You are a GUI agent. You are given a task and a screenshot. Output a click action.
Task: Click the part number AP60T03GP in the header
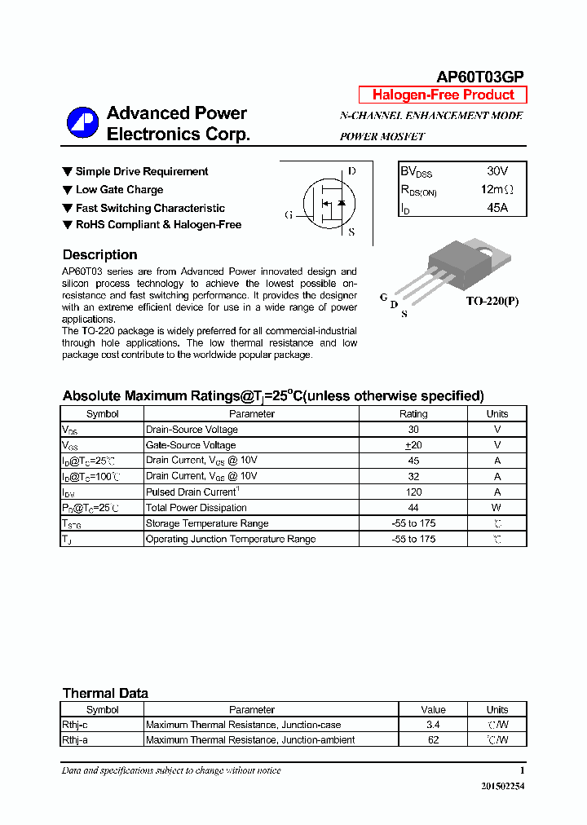click(x=480, y=77)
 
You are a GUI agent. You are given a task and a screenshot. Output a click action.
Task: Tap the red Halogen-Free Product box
click(x=443, y=95)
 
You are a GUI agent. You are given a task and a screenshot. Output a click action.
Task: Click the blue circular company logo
click(x=82, y=123)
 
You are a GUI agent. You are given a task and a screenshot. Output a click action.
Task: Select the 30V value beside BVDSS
click(x=497, y=171)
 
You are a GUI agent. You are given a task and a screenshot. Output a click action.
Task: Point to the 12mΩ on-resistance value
click(x=497, y=189)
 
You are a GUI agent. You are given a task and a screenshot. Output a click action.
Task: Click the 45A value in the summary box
click(x=497, y=207)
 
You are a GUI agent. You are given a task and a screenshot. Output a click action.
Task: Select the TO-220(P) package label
click(x=492, y=301)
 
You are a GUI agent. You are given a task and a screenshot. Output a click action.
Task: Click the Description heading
click(x=99, y=254)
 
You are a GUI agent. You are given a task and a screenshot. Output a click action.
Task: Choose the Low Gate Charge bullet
click(x=119, y=189)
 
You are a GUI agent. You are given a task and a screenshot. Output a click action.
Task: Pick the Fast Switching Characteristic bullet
click(x=150, y=208)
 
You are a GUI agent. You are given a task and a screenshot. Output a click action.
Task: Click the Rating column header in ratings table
click(x=413, y=413)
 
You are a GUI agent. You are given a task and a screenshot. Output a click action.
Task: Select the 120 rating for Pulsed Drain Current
click(x=413, y=492)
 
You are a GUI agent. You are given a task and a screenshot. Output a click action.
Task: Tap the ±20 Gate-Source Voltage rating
click(x=413, y=445)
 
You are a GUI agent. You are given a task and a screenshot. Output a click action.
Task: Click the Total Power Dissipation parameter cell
click(x=196, y=507)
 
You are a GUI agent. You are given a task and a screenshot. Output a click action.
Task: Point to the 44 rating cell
click(x=413, y=507)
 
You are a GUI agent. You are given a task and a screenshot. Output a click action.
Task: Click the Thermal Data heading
click(x=105, y=693)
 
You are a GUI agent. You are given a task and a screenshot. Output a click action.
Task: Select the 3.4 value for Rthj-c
click(x=433, y=725)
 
